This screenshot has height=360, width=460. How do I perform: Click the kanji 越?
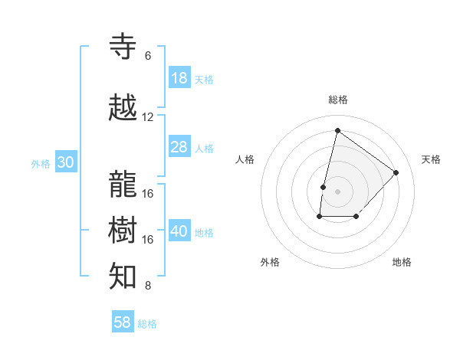tap(124, 108)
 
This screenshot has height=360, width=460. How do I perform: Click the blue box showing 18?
tap(179, 78)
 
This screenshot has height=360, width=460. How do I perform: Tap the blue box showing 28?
tap(179, 147)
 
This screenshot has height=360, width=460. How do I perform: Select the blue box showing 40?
tap(179, 232)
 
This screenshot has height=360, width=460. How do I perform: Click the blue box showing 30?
tap(65, 162)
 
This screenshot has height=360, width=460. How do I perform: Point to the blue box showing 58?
tap(123, 322)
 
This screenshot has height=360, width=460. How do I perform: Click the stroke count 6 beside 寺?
tap(148, 56)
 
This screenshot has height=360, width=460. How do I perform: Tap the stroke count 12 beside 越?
tap(148, 117)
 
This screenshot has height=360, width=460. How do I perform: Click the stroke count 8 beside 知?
tap(148, 286)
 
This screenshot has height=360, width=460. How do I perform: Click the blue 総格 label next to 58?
tap(147, 324)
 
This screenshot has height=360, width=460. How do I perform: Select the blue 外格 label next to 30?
tap(41, 163)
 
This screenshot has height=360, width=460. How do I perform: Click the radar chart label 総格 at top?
tap(338, 100)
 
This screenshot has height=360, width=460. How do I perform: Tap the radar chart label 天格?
tap(431, 159)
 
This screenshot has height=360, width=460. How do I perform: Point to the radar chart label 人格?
tap(245, 159)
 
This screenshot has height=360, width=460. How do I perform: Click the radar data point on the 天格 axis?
tap(396, 172)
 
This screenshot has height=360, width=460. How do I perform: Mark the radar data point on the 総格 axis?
tap(337, 130)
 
